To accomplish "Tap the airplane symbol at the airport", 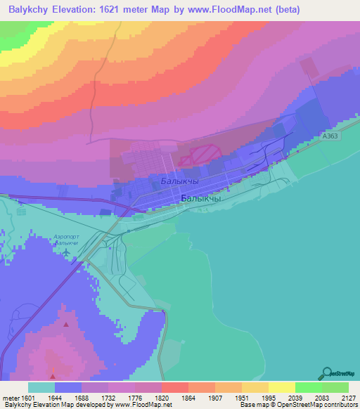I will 66,251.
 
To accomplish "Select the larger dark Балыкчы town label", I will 201,198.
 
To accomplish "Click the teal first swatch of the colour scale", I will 41,387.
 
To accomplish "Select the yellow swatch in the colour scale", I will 281,387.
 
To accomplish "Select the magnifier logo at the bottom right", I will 326,374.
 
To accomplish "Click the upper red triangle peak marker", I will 66,325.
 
